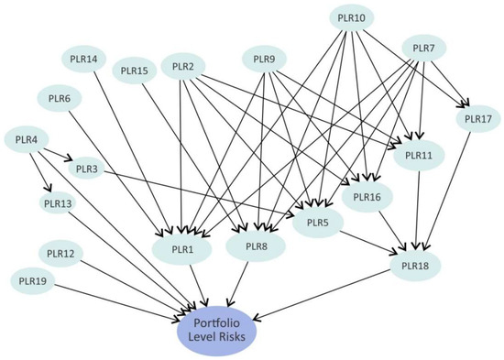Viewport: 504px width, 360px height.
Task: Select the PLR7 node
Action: [x=423, y=49]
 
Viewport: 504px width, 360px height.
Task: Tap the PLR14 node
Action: [x=83, y=60]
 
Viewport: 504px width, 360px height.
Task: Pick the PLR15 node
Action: [x=134, y=70]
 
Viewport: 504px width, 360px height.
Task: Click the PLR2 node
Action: [x=182, y=67]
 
